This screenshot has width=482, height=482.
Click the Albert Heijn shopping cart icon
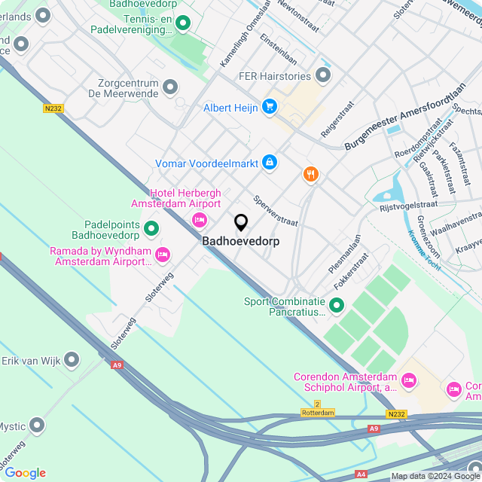[270, 107]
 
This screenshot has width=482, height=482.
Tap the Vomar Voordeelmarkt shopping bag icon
[270, 163]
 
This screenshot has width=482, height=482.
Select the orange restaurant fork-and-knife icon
[310, 175]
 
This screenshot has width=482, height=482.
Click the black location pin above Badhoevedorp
[241, 223]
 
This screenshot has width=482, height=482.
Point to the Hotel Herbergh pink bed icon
[200, 220]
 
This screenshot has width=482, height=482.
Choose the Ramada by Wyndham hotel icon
[162, 256]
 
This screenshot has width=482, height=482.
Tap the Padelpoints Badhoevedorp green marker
[151, 227]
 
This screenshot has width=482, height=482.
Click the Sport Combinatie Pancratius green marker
[337, 306]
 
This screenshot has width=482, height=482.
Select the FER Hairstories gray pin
[324, 75]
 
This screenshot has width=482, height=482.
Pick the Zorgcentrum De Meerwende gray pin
[170, 87]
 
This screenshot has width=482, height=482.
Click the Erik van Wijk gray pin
[72, 359]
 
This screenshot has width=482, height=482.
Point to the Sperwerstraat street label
[276, 212]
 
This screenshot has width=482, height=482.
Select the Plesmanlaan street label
[344, 254]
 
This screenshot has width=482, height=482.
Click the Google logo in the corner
[24, 473]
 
